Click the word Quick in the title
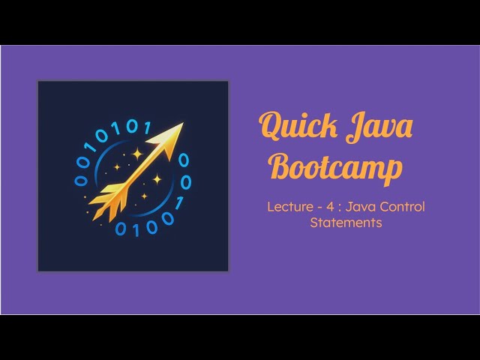[x=297, y=127]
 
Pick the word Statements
[x=346, y=223]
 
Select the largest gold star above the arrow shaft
[x=137, y=154]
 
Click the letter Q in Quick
[x=270, y=127]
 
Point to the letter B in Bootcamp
[x=280, y=166]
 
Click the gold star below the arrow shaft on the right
[x=157, y=179]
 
